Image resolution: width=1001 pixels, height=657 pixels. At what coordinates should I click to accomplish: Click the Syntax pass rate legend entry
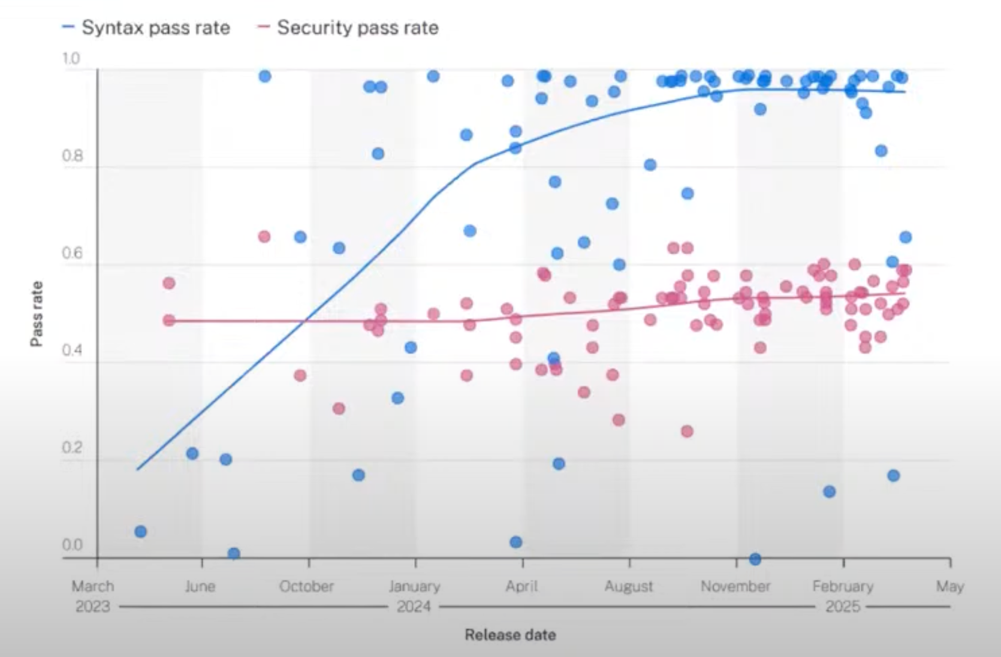coord(146,28)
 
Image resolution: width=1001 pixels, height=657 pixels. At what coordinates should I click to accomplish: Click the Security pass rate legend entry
coord(348,28)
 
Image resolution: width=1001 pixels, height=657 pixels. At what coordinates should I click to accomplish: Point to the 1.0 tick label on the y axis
coord(70,59)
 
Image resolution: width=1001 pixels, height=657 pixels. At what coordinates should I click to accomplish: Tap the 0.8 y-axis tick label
coord(72,156)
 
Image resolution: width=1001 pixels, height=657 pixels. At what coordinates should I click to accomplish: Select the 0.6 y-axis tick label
coord(72,254)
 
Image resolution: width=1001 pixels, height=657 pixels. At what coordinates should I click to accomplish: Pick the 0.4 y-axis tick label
coord(72,350)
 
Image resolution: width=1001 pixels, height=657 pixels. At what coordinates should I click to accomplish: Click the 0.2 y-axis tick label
coord(72,448)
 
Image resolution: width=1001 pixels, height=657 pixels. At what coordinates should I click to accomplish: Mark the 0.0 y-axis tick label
coord(72,545)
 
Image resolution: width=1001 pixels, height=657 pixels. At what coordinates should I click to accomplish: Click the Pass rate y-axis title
coord(37,314)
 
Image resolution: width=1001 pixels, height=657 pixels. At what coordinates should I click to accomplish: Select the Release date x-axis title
coord(510,635)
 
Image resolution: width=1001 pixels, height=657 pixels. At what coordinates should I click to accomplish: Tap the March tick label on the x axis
coord(93,586)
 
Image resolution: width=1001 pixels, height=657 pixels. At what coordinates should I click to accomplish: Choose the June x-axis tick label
coord(200,586)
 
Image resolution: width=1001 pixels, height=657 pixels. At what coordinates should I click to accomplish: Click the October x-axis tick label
coord(306,586)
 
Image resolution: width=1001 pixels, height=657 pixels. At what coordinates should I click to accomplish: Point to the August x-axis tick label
coord(628,586)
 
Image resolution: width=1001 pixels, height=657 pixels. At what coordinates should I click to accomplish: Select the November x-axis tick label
coord(735,586)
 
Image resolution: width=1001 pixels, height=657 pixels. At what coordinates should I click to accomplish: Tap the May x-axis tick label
coord(950,586)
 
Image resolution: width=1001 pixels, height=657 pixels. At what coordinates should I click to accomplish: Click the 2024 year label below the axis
coord(414,607)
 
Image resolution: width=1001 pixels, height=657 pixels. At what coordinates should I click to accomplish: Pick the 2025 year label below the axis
coord(843,607)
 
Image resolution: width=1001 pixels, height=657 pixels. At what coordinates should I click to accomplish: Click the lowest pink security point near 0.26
coord(687,431)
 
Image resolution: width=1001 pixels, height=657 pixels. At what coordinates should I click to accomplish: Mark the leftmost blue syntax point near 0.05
coord(140,531)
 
